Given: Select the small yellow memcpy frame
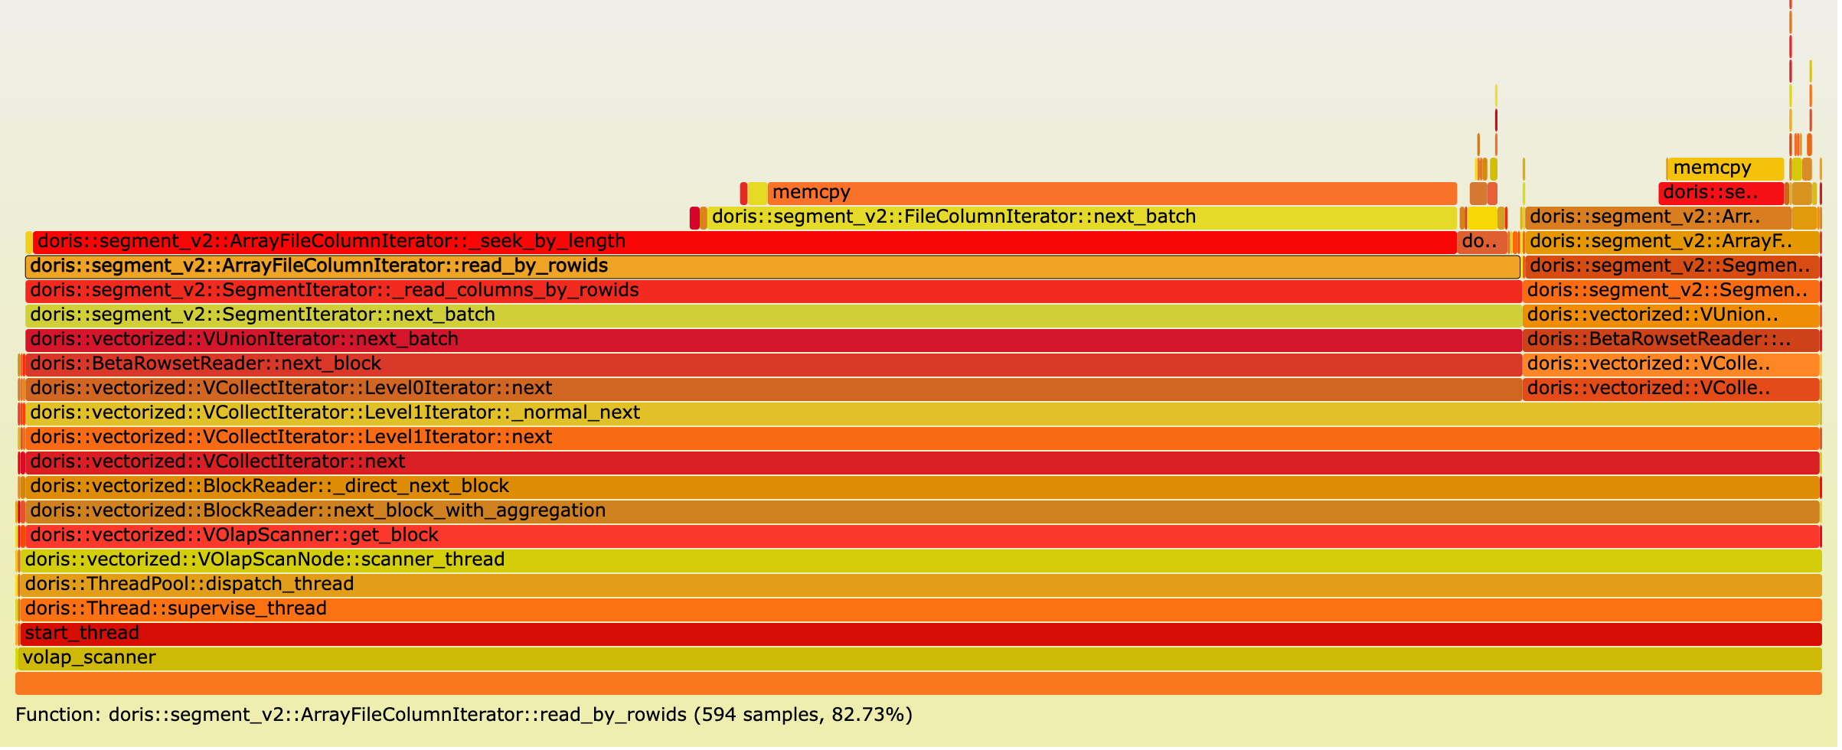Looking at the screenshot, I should [1725, 168].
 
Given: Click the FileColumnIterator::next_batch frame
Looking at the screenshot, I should [1079, 217].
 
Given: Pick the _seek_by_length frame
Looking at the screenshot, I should [743, 242].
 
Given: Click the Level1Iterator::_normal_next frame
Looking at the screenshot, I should [919, 413].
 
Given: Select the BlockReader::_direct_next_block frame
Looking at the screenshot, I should [919, 487].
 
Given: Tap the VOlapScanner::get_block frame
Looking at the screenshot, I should [919, 536].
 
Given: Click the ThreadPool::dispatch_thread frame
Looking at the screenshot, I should [919, 585].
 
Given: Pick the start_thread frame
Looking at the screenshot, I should [919, 634].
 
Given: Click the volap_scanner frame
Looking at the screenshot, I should [919, 658].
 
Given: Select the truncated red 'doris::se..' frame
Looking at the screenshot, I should [1720, 193].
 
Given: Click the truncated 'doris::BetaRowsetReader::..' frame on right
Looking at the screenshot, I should [1671, 340].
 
